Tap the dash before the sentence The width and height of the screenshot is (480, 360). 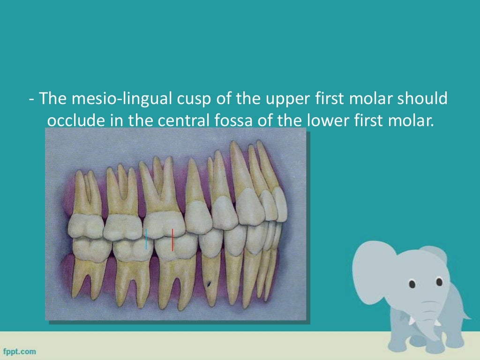click(30, 100)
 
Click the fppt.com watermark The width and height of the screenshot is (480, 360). click(20, 351)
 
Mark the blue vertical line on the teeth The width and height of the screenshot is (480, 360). click(146, 239)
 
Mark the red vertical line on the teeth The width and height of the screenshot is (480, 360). click(172, 240)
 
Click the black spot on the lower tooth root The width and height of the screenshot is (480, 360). click(209, 283)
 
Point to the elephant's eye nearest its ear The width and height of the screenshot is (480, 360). click(412, 284)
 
